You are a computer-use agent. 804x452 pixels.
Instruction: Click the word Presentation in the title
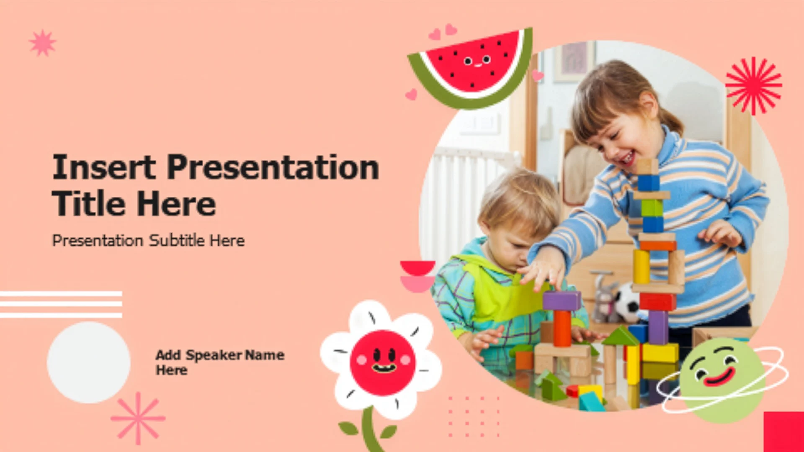pos(273,167)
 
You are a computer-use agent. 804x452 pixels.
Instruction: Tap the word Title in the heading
pos(88,204)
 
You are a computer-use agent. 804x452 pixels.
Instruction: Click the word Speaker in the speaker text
pos(214,355)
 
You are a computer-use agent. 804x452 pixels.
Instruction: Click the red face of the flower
pos(382,362)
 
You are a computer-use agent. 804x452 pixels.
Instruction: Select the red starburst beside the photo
pos(754,86)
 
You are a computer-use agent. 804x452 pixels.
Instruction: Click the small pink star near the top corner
pos(42,43)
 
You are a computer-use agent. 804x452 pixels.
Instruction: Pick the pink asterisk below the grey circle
pos(138,418)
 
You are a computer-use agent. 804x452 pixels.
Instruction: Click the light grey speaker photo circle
pos(88,362)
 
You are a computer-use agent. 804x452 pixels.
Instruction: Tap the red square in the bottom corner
pos(784,432)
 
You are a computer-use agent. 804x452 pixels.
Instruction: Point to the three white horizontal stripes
pos(61,304)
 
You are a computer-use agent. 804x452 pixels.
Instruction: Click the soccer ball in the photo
pos(627,302)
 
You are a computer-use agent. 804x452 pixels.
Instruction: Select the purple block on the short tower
pos(562,301)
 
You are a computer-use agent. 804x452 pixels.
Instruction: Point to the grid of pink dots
pos(474,416)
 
